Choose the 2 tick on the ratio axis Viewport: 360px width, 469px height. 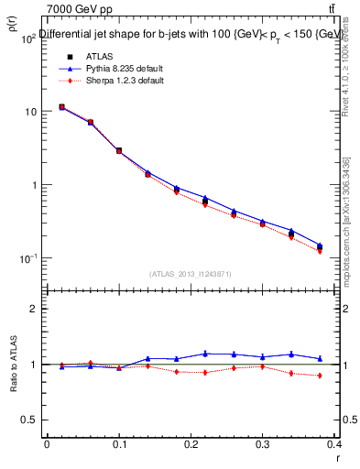(34, 310)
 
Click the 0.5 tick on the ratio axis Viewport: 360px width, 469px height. (29, 420)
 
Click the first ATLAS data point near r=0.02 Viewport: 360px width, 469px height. (61, 107)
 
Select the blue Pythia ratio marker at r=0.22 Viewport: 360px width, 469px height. (205, 354)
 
